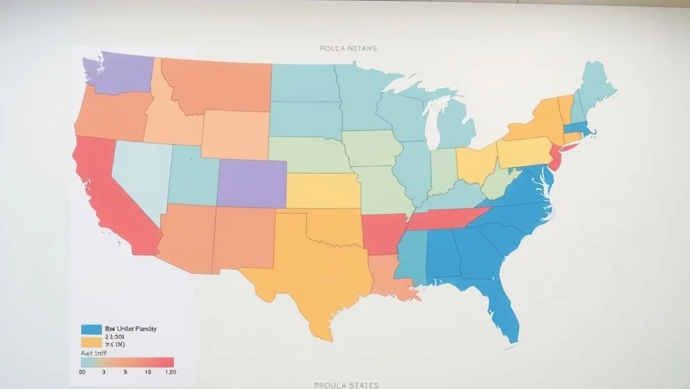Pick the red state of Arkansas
383,233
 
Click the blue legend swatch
91,329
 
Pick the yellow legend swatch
91,342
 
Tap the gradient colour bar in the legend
127,362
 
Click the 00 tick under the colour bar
83,373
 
